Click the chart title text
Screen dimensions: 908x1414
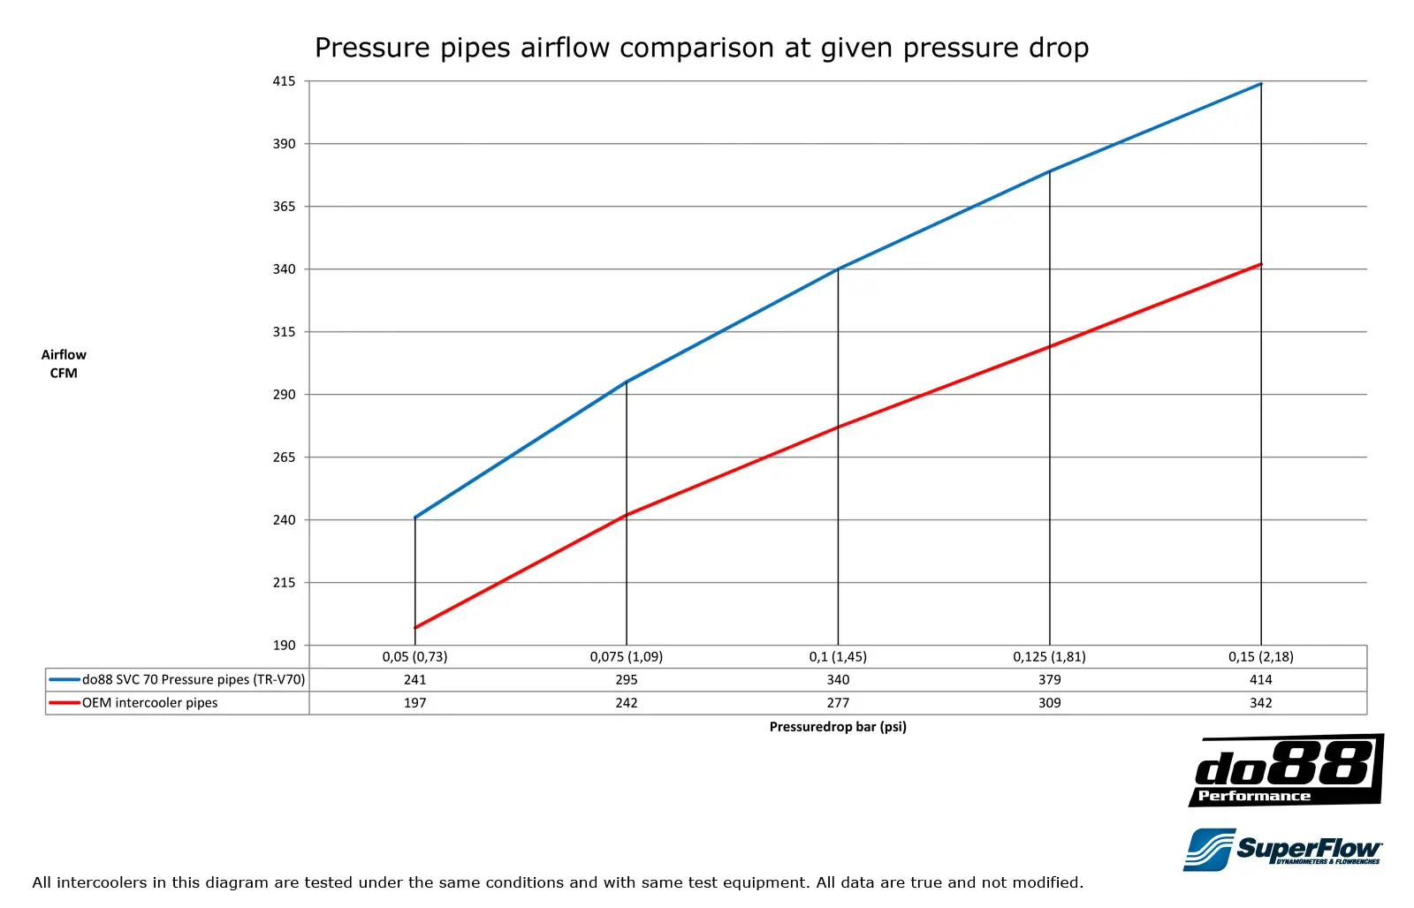(x=702, y=48)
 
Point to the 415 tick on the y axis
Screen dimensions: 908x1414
(x=284, y=81)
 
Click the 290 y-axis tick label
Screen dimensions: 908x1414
(x=284, y=395)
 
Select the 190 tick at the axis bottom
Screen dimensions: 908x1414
(x=284, y=646)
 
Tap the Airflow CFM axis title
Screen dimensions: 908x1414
(x=64, y=364)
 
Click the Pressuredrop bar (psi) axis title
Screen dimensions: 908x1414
(x=838, y=727)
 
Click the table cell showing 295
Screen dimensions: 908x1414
(x=627, y=680)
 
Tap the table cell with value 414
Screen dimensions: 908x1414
(x=1261, y=680)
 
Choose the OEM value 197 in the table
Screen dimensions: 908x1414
(x=414, y=703)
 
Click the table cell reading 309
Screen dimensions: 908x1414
(x=1050, y=703)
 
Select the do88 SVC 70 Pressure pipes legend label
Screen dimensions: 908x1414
(x=194, y=680)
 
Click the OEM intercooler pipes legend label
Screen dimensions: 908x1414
(x=150, y=703)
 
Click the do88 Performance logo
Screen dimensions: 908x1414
(x=1286, y=770)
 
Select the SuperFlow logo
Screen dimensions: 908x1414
(x=1282, y=850)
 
